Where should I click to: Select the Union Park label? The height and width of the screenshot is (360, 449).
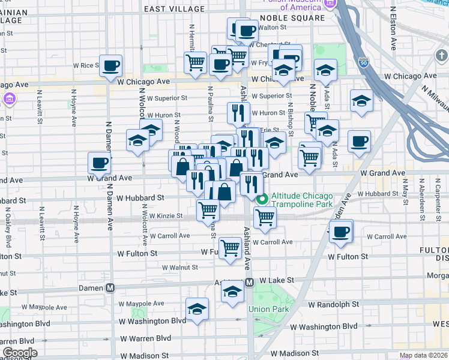pos(269,310)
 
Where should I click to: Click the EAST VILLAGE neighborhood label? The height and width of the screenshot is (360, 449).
pos(171,9)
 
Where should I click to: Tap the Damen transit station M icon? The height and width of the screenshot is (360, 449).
pos(110,288)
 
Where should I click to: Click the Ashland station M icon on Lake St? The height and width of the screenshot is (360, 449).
pos(250,281)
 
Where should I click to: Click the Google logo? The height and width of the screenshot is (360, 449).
pos(19,353)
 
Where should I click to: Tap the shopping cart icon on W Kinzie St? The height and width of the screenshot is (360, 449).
pos(208,210)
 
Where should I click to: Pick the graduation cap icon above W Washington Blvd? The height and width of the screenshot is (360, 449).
pos(197,308)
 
